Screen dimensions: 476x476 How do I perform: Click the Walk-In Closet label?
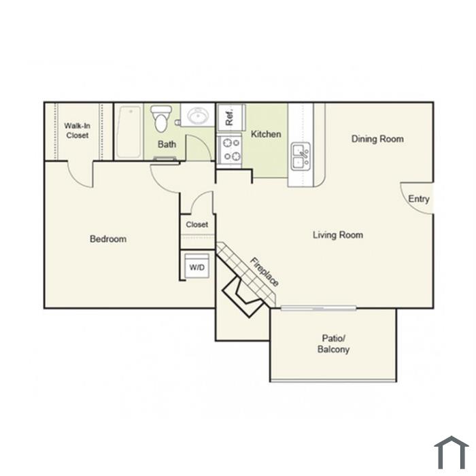(77, 131)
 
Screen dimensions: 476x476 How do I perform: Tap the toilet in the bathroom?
(160, 119)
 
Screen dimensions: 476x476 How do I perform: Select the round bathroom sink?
(197, 116)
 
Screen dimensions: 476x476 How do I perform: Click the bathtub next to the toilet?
(130, 132)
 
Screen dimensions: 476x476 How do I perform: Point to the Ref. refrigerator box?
(231, 118)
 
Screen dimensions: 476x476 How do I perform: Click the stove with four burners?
(229, 150)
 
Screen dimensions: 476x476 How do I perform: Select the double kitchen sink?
(301, 156)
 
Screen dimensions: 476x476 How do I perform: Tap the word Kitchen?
(266, 134)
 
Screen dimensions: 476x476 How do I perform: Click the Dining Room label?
(377, 139)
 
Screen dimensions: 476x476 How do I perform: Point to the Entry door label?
(419, 199)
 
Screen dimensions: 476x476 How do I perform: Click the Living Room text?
(338, 235)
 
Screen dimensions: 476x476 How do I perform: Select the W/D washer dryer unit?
(197, 266)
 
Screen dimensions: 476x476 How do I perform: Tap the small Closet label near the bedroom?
(197, 224)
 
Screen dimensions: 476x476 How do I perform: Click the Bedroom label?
(108, 239)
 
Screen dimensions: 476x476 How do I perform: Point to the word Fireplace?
(264, 272)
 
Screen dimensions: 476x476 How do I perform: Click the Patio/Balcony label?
(333, 344)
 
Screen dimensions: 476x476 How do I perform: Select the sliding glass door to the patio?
(318, 309)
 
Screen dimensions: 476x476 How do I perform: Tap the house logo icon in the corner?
(451, 452)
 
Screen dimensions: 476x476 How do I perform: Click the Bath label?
(167, 144)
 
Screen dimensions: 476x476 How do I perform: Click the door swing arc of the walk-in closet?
(75, 181)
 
